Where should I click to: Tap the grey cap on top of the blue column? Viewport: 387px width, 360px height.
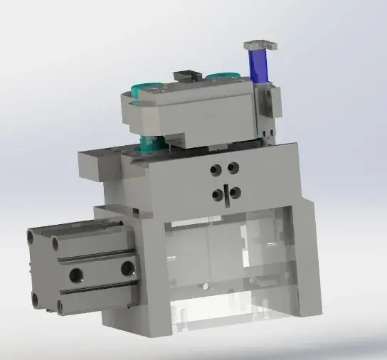(260, 45)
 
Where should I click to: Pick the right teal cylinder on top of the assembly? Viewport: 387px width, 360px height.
(225, 75)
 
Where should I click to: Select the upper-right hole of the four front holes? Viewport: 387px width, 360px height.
(233, 168)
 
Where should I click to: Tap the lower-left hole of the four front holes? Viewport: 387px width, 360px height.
(216, 195)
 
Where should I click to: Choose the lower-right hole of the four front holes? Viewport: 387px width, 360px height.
(235, 192)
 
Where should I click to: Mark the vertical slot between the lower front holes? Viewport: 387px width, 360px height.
(226, 194)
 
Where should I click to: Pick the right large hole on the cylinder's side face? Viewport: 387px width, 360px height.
(127, 267)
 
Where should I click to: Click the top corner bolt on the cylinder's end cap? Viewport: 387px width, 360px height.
(33, 235)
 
